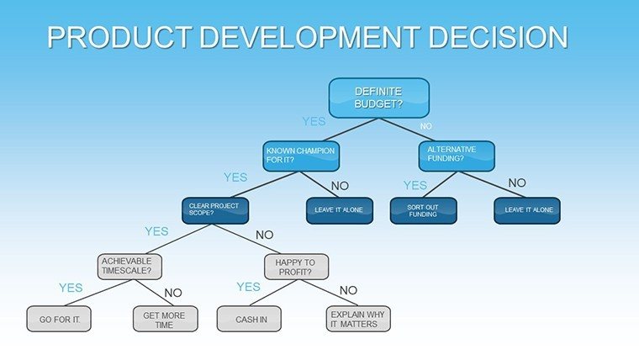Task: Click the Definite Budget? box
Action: point(379,98)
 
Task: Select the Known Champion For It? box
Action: point(301,156)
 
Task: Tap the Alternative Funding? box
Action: point(457,156)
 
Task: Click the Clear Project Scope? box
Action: point(215,211)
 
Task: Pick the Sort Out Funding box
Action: point(424,211)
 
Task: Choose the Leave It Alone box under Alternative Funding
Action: point(527,211)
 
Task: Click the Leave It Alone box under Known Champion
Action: point(340,211)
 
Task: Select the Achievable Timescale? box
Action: point(129,267)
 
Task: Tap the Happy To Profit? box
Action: point(296,267)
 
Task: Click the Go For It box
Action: point(59,319)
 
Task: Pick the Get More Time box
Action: point(166,319)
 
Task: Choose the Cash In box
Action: point(249,319)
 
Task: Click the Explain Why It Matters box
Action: point(358,319)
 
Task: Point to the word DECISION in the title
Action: point(498,37)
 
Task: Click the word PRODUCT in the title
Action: point(119,37)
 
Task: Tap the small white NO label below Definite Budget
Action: point(426,126)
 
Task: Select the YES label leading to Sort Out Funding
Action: point(415,186)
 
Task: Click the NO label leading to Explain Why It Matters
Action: point(348,290)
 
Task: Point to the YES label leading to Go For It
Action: point(71,288)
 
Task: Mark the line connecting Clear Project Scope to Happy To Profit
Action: point(246,239)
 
